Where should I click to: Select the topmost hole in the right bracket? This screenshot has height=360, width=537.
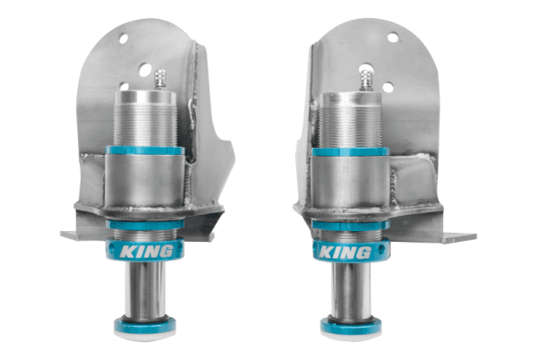391,38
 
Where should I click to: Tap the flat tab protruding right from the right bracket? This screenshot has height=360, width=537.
456,237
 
